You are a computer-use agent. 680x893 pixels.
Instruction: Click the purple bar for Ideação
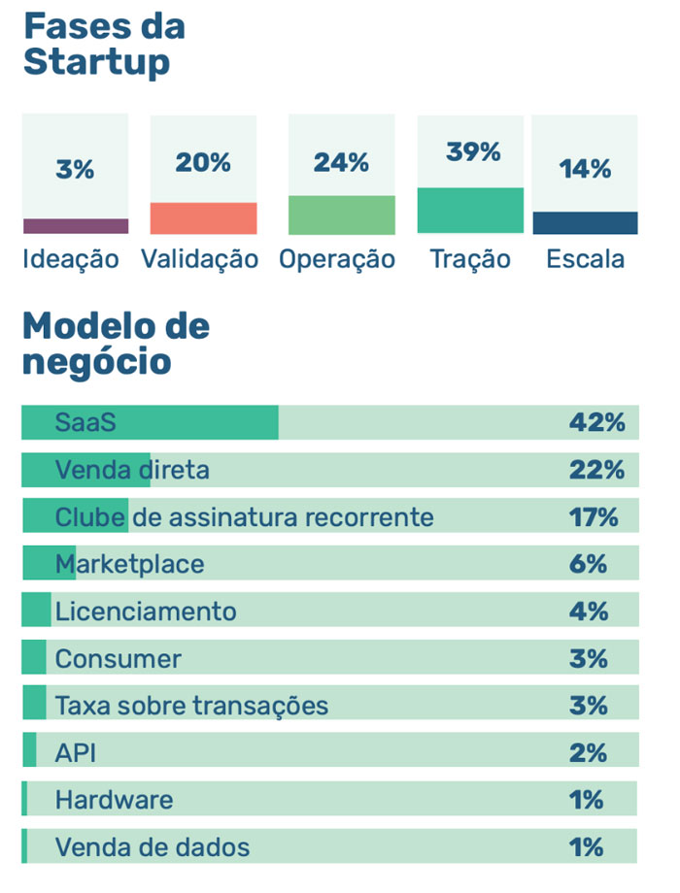76,226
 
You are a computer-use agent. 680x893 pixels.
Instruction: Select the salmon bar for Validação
203,218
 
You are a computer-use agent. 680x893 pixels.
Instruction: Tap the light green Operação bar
342,215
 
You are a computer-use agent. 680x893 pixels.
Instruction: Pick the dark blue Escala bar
585,223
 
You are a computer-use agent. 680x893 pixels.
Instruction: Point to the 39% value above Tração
473,152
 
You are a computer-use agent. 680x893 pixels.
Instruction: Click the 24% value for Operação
341,163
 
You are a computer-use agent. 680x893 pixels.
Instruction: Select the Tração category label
470,259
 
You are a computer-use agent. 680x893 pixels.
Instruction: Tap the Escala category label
585,259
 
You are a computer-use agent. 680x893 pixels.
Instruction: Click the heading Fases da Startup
103,44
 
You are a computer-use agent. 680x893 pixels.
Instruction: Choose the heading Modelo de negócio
116,344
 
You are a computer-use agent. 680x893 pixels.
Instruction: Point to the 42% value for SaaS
596,422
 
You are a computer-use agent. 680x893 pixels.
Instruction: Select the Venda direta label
132,470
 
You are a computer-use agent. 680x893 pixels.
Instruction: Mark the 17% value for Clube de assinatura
594,516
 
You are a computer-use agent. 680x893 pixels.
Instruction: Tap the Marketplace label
129,564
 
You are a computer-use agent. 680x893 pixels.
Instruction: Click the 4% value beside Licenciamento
589,612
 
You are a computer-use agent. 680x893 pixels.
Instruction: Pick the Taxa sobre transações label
191,706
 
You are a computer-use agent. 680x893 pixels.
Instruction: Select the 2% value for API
589,753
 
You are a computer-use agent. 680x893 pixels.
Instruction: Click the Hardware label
114,800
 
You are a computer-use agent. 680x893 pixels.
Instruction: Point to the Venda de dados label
152,847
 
